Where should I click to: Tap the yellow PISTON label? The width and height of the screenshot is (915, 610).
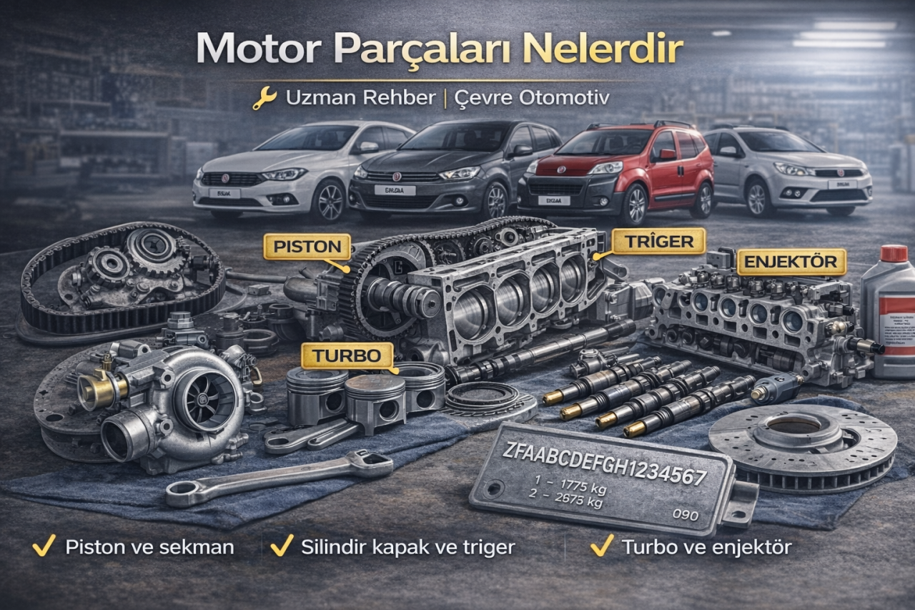tap(306, 247)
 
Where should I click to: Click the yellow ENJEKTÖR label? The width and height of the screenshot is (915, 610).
tap(791, 262)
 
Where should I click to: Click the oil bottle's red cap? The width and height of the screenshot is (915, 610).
tap(894, 253)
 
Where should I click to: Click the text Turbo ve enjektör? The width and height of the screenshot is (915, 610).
tap(706, 548)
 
